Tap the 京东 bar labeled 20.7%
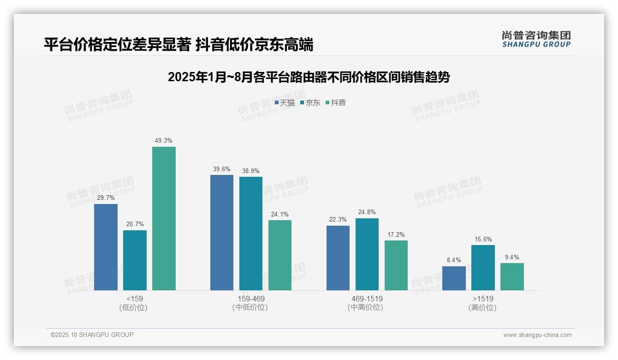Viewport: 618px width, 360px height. pyautogui.click(x=135, y=260)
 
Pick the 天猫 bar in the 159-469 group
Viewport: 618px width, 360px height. pyautogui.click(x=222, y=233)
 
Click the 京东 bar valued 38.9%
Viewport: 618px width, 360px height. pyautogui.click(x=251, y=234)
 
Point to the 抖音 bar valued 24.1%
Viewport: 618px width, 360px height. pyautogui.click(x=280, y=255)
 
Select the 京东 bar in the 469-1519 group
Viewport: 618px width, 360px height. pyautogui.click(x=367, y=254)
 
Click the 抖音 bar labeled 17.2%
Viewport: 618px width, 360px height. pyautogui.click(x=396, y=265)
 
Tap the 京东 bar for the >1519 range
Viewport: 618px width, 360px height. pyautogui.click(x=483, y=268)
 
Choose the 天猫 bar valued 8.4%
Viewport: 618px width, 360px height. pyautogui.click(x=454, y=278)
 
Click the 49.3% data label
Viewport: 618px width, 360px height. pyautogui.click(x=164, y=141)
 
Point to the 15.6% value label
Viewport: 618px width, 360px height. pyautogui.click(x=483, y=239)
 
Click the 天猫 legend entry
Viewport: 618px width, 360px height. pyautogui.click(x=285, y=103)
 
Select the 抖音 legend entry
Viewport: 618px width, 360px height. pyautogui.click(x=336, y=103)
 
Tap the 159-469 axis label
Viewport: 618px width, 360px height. pyautogui.click(x=251, y=299)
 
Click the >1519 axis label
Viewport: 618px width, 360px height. pyautogui.click(x=482, y=299)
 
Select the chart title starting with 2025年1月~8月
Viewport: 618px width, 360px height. pyautogui.click(x=309, y=77)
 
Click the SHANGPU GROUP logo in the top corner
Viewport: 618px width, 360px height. pyautogui.click(x=536, y=39)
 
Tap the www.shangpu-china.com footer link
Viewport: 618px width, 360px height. pyautogui.click(x=537, y=335)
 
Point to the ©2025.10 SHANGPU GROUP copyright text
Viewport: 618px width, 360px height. pyautogui.click(x=92, y=335)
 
